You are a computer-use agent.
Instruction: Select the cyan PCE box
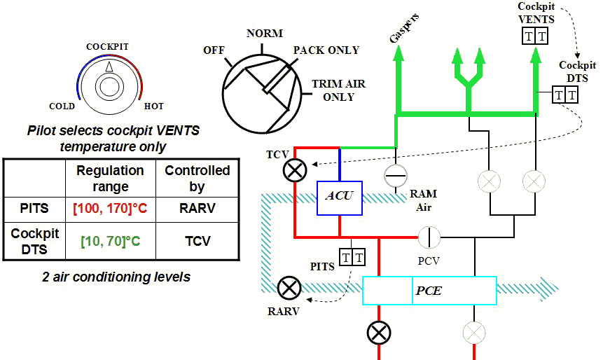(x=429, y=290)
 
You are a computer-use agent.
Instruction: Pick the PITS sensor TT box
(x=352, y=258)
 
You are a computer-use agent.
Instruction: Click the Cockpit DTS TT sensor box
(x=565, y=94)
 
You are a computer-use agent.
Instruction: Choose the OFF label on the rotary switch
(x=214, y=50)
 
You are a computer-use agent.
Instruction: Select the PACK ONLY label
(x=326, y=50)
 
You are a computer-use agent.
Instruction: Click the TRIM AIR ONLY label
(x=339, y=90)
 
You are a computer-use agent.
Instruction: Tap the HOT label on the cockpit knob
(x=153, y=106)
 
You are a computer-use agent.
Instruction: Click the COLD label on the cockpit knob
(x=62, y=106)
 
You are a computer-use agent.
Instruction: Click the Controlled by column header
(x=197, y=179)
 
